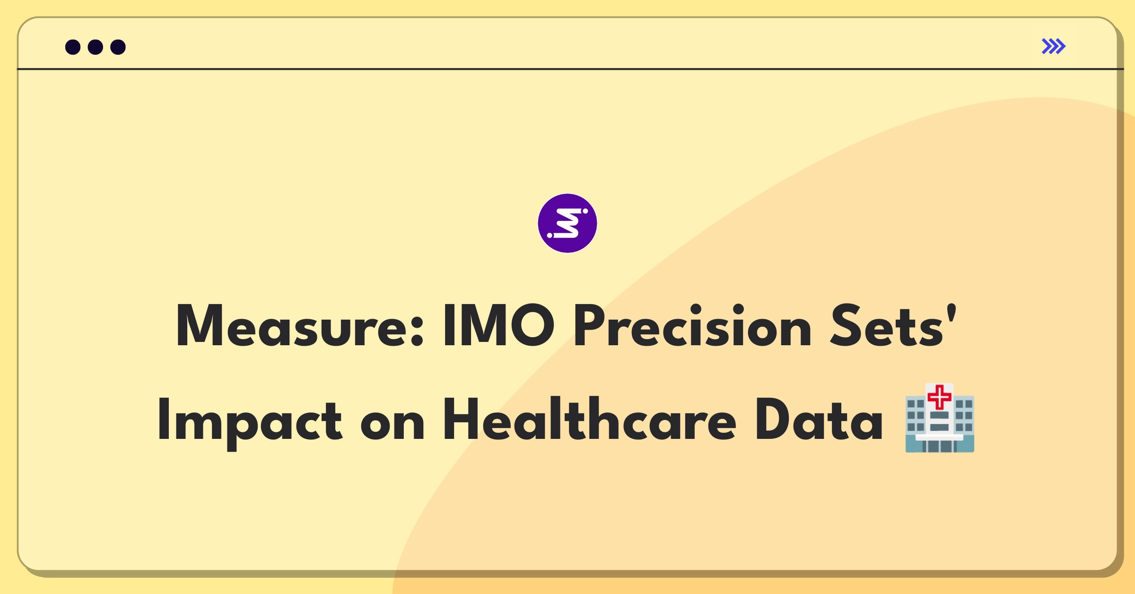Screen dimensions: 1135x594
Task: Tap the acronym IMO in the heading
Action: click(x=498, y=325)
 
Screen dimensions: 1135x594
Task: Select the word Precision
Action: click(x=692, y=325)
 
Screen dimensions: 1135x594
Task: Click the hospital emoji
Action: click(x=940, y=418)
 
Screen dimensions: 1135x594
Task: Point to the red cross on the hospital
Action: click(x=939, y=397)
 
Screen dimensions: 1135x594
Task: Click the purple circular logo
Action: click(x=567, y=223)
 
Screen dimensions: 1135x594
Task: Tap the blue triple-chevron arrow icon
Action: click(x=1054, y=46)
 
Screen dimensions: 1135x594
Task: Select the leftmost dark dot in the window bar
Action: click(x=73, y=47)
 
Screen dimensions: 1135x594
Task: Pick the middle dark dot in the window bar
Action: click(x=96, y=47)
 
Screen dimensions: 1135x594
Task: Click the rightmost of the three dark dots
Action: click(x=118, y=47)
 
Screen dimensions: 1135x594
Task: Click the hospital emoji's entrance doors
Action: click(x=939, y=446)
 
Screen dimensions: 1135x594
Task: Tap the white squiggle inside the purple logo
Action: click(x=567, y=223)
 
